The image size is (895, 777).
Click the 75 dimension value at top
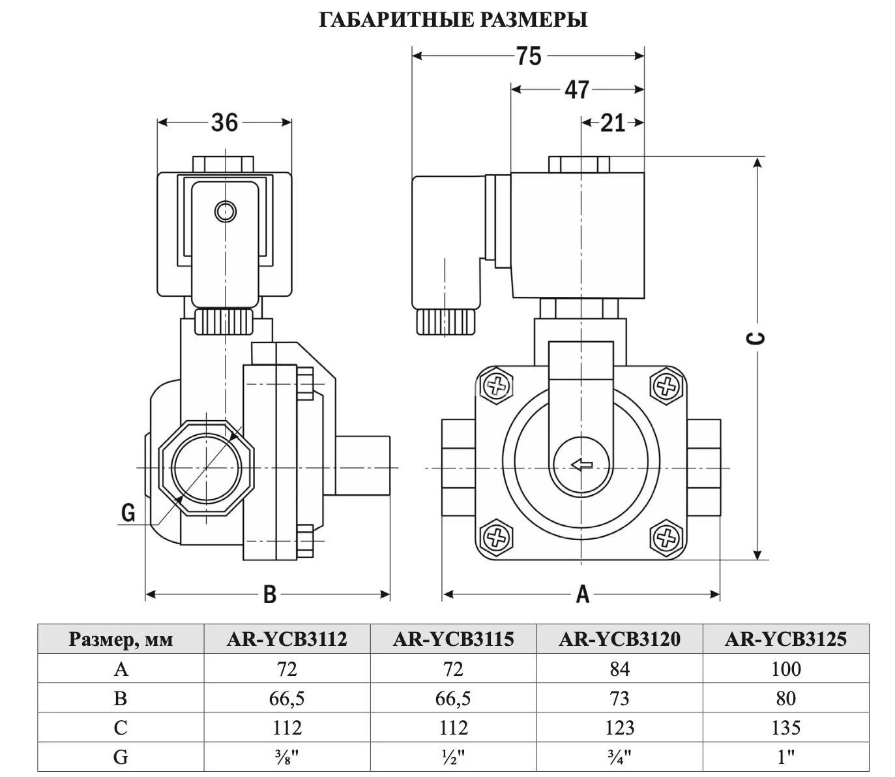coord(528,56)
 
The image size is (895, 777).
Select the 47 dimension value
coord(576,89)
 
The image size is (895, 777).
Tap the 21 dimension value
coord(612,123)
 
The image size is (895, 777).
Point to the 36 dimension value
coord(224,122)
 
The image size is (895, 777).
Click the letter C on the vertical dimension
coord(757,337)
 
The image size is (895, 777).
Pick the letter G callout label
coord(128,513)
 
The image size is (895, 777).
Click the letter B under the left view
coord(269,594)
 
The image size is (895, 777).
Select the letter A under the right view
coord(582,594)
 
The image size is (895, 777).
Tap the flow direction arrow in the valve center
coord(581,465)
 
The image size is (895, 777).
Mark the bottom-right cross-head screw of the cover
coord(666,538)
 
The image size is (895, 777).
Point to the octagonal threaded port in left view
coord(206,468)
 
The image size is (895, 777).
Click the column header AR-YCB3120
coord(619,639)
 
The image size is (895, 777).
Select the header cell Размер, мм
coord(121,639)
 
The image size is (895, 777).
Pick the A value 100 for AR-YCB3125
coord(785,669)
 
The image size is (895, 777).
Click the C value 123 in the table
coord(619,727)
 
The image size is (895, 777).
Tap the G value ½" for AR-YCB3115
coord(453,757)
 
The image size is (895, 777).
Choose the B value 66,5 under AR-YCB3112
coord(287,699)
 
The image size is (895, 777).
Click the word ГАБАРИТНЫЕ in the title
coord(396,20)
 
